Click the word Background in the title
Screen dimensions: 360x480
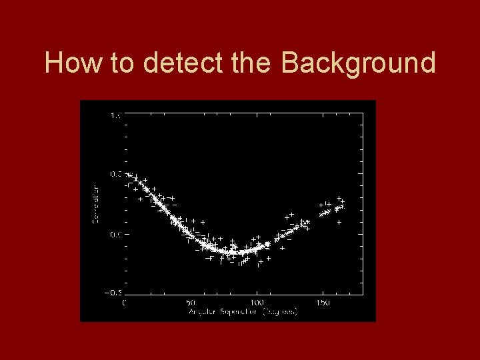(x=358, y=63)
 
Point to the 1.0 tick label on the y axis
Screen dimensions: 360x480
(x=115, y=115)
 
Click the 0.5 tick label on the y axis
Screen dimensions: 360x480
(x=115, y=175)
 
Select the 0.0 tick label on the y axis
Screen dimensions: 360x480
(x=115, y=234)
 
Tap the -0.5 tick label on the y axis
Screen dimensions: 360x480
(x=113, y=293)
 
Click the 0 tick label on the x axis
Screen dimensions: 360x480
(x=125, y=303)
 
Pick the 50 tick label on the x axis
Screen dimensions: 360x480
(x=191, y=303)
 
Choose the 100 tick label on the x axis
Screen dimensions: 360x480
(x=256, y=303)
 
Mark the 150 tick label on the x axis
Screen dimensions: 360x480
(x=323, y=303)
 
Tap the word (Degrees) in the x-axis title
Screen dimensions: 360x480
(x=280, y=311)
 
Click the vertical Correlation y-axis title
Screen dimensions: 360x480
(x=95, y=204)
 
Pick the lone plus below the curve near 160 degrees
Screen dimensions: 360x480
(x=339, y=222)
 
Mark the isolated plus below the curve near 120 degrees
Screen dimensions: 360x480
(x=282, y=248)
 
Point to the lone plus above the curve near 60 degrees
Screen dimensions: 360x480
(x=203, y=221)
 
